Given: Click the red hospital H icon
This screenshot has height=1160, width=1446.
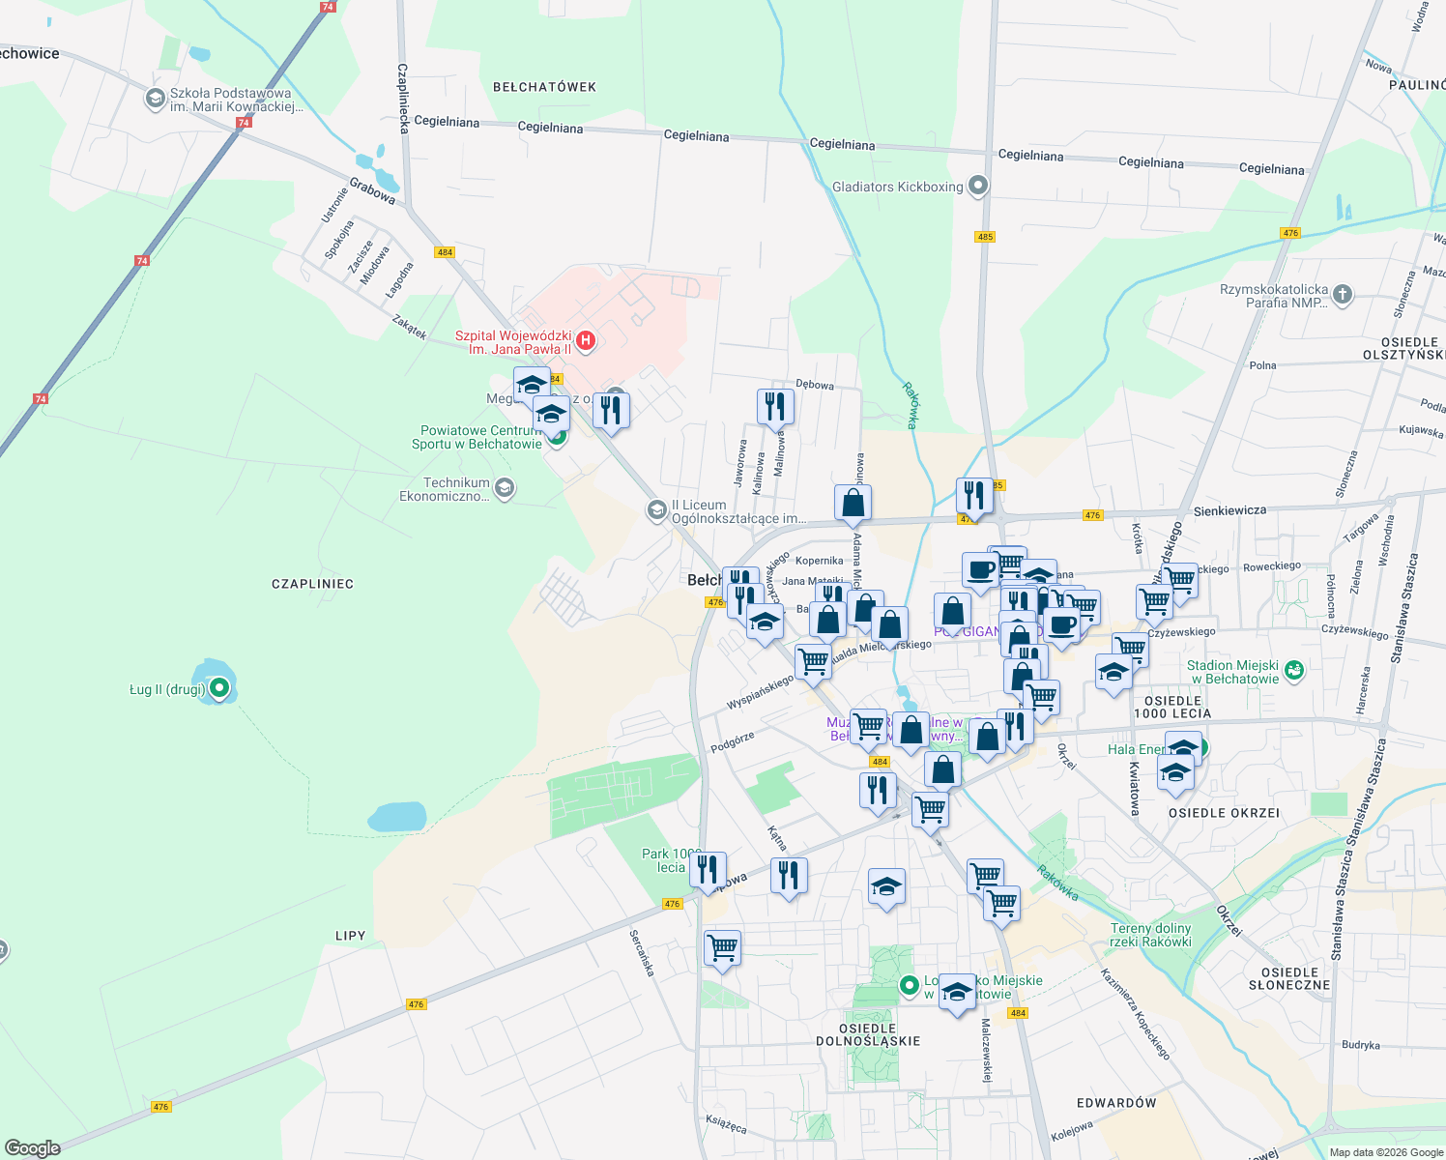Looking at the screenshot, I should pos(585,340).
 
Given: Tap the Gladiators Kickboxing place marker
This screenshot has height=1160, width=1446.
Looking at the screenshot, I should pos(978,186).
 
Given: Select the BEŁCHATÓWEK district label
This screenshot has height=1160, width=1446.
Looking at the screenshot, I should pos(544,87).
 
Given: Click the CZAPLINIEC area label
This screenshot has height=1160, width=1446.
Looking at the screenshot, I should pos(312,584).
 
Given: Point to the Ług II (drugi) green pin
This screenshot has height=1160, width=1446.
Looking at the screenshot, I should pos(219,688).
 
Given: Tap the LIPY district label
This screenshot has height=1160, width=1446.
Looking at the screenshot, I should pos(350,936).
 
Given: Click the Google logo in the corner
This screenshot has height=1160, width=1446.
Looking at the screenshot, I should pos(32,1147).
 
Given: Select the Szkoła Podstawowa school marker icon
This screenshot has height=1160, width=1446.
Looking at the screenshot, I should pos(155,99).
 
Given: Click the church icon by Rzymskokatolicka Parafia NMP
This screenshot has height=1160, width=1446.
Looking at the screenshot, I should pos(1343,295).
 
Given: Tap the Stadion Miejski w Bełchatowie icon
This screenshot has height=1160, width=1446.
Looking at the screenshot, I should pos(1294,671).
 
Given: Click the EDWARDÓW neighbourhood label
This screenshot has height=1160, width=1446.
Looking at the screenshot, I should pos(1116,1103).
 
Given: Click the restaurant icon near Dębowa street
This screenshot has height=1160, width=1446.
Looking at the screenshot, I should pos(775,406).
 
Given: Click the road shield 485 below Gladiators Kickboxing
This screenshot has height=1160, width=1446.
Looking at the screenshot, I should pos(985,237).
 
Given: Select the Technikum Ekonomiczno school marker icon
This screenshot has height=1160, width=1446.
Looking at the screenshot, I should pos(504,488).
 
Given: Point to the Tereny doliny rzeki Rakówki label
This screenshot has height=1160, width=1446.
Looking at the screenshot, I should pos(1150,935).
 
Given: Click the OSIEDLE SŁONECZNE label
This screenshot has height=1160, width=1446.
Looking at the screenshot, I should pos(1289,978).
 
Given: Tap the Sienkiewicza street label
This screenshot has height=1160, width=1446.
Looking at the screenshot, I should pos(1229,510).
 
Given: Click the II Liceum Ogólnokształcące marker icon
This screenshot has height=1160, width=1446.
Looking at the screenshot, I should pos(657,509).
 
